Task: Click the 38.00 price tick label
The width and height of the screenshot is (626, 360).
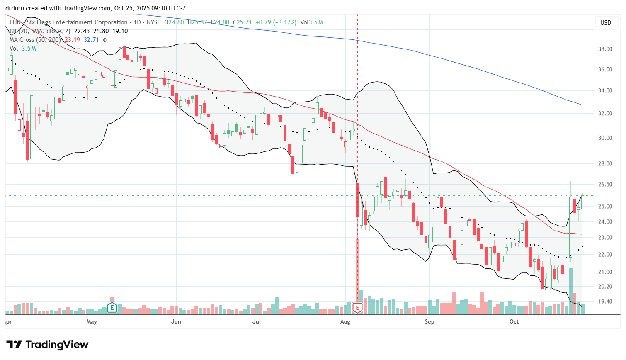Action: (x=605, y=49)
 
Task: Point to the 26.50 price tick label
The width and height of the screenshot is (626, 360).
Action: (x=605, y=185)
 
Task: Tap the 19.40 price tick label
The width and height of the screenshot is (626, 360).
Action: (x=605, y=302)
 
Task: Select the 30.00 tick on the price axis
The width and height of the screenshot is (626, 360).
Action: (x=605, y=138)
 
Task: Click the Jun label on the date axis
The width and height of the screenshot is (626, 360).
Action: (x=176, y=321)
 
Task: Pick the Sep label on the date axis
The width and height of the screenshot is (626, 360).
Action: (x=429, y=321)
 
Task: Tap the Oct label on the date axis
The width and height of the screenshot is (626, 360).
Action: (x=514, y=321)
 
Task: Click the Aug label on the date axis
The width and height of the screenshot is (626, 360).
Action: (x=345, y=321)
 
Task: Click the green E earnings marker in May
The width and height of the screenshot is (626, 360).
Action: (x=112, y=308)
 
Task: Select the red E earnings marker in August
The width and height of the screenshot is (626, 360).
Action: (x=357, y=308)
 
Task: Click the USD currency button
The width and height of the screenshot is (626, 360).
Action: (x=606, y=23)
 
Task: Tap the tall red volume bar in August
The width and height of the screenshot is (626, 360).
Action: (x=357, y=270)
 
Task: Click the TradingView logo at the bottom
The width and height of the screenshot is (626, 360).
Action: (x=47, y=345)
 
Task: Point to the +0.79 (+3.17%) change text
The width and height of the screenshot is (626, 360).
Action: (x=276, y=22)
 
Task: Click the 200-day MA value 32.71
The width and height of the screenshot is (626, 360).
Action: (x=91, y=40)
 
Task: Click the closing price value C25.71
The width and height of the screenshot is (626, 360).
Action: (x=242, y=22)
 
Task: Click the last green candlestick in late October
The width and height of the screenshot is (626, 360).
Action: (x=583, y=202)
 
